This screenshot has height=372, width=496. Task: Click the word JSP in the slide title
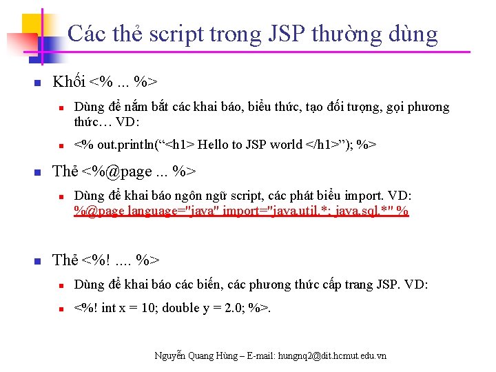pyautogui.click(x=284, y=33)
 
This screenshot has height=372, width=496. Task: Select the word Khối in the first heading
pyautogui.click(x=69, y=82)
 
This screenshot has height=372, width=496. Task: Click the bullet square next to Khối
pyautogui.click(x=39, y=83)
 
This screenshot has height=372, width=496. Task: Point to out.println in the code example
pyautogui.click(x=123, y=144)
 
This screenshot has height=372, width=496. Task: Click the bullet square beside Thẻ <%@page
pyautogui.click(x=39, y=172)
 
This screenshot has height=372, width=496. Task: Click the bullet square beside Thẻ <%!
pyautogui.click(x=39, y=261)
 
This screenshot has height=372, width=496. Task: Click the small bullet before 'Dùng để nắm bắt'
pyautogui.click(x=61, y=108)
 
